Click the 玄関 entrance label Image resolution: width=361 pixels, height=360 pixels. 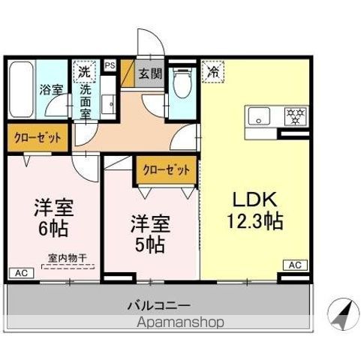click(x=149, y=73)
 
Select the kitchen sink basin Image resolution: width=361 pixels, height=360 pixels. click(x=260, y=117)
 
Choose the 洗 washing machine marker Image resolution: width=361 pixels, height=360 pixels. click(x=85, y=73)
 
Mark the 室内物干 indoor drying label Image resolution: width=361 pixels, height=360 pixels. click(x=68, y=259)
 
